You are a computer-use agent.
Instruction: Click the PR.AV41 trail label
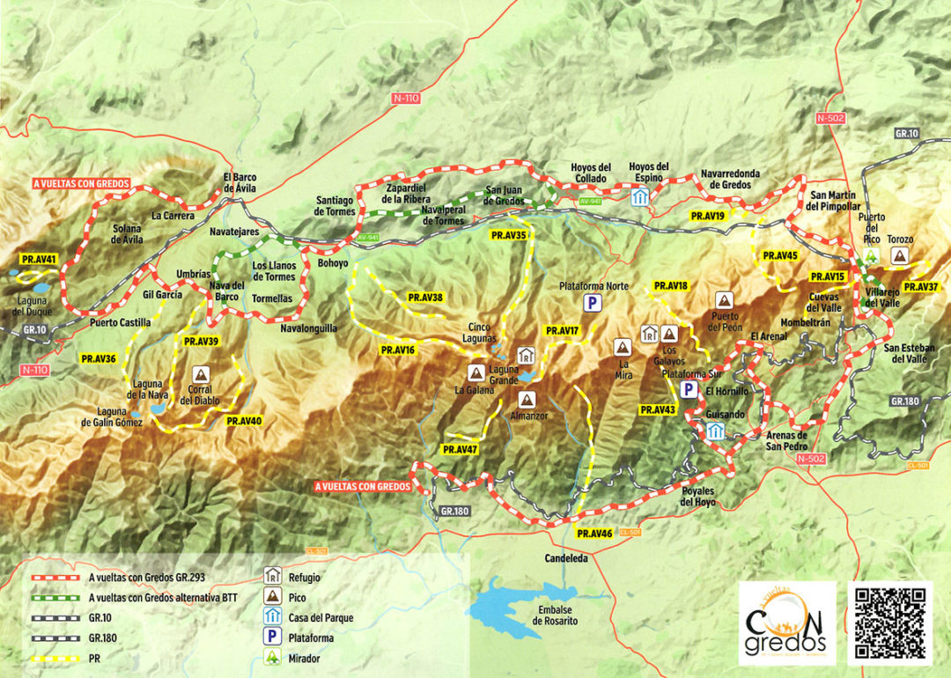(39, 260)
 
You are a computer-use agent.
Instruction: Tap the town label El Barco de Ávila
(239, 181)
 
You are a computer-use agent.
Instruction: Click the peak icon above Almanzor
(526, 398)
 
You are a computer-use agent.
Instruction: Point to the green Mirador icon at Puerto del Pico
(873, 255)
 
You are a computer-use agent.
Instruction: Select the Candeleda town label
(566, 558)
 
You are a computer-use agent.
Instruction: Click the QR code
(889, 622)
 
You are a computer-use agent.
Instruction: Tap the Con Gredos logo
(786, 622)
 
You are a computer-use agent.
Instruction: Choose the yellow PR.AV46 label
(594, 534)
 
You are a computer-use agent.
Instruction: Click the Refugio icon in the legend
(272, 578)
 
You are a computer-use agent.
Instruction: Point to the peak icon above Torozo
(899, 255)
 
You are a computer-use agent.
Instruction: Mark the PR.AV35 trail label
(509, 235)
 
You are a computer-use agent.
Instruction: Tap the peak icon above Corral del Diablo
(200, 373)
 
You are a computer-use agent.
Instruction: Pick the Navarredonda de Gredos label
(730, 179)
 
